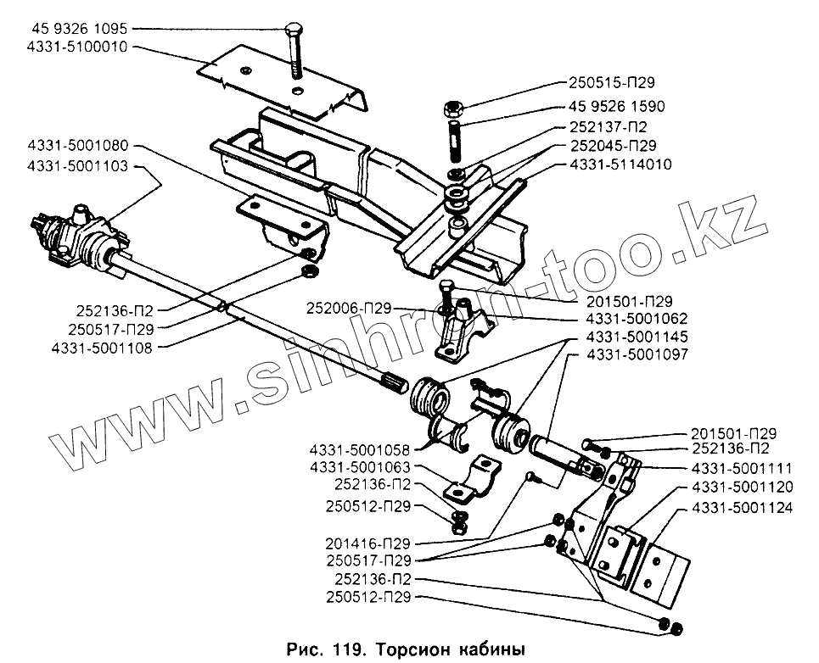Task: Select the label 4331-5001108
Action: click(102, 348)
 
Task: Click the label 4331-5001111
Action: click(741, 467)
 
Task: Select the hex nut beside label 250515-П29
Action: click(452, 110)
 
